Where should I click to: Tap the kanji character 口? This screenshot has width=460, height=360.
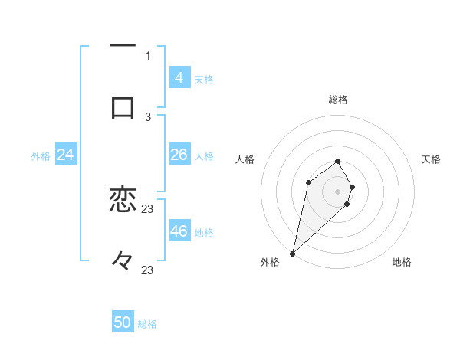click(123, 107)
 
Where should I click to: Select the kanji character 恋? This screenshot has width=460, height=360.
click(123, 200)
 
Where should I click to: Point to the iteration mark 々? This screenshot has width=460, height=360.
click(123, 261)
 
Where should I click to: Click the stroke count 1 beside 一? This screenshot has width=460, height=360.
click(148, 55)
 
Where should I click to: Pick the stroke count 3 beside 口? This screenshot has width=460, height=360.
click(148, 116)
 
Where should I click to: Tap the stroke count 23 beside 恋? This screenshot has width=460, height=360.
click(148, 209)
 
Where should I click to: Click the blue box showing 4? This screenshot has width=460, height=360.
click(179, 77)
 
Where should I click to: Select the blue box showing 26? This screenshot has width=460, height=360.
click(179, 155)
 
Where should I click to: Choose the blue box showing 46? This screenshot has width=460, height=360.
click(179, 231)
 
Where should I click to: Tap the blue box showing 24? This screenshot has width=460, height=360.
click(65, 155)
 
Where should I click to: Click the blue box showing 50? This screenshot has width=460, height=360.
click(123, 322)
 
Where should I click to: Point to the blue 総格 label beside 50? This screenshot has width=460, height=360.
click(147, 324)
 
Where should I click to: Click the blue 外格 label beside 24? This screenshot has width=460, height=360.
click(41, 156)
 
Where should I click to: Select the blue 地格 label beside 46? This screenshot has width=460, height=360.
click(204, 233)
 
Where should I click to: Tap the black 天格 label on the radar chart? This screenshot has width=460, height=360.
click(431, 159)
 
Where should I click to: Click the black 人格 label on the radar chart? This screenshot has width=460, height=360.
click(245, 159)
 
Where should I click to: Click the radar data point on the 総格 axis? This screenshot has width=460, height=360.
click(337, 161)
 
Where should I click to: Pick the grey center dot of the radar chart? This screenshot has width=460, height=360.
click(337, 191)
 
